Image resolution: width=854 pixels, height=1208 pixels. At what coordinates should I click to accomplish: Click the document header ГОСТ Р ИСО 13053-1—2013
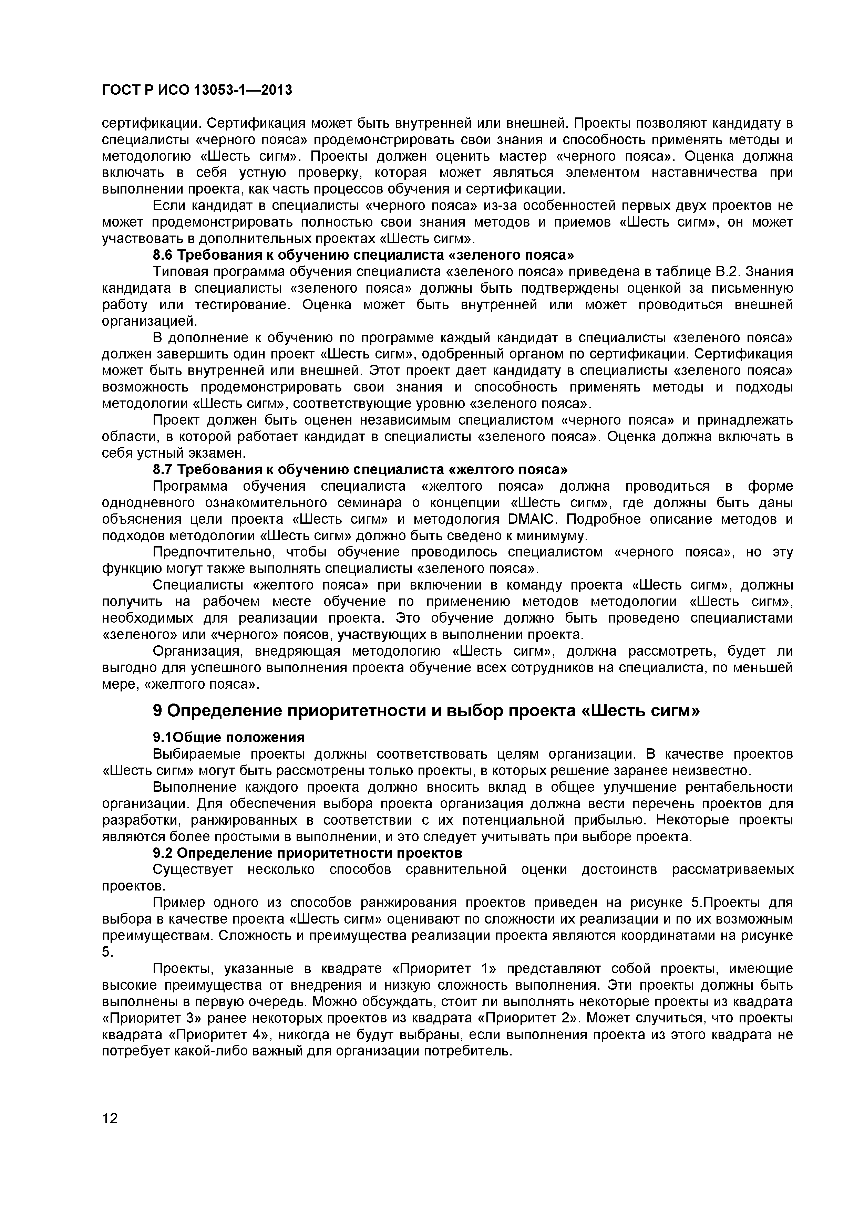point(196,91)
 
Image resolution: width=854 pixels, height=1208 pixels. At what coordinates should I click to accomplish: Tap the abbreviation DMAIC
point(532,519)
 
